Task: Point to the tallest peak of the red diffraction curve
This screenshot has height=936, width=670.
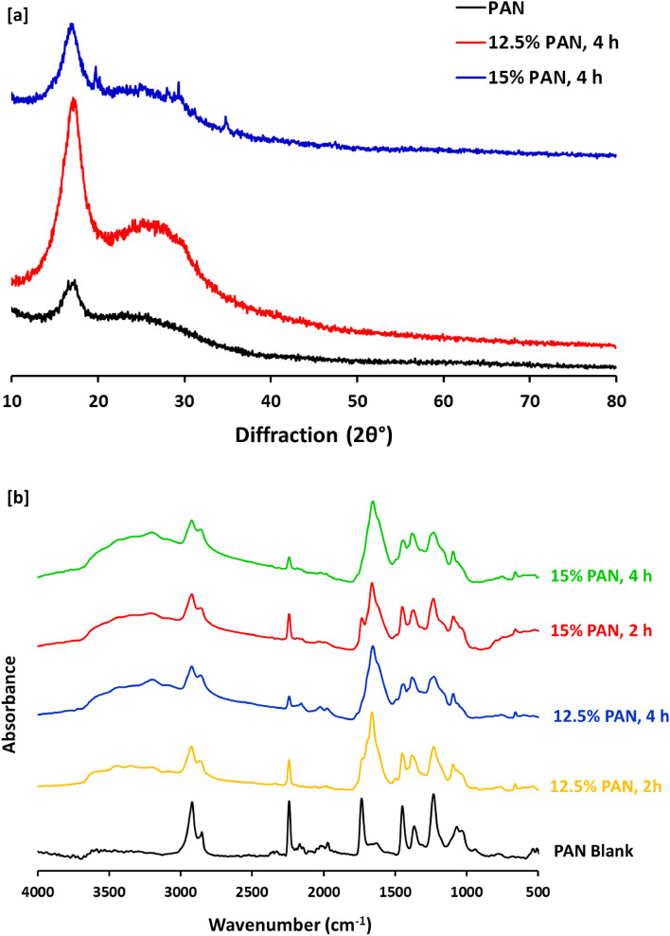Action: coord(73,100)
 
